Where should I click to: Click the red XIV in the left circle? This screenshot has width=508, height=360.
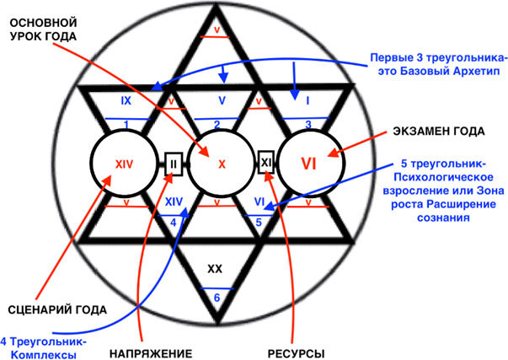point(124,164)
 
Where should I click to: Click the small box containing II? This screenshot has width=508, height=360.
point(172,160)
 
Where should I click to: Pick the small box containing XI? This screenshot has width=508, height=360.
point(266,160)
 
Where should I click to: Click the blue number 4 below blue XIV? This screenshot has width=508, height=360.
point(173,222)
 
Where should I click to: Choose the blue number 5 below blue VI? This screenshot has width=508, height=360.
point(261,222)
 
